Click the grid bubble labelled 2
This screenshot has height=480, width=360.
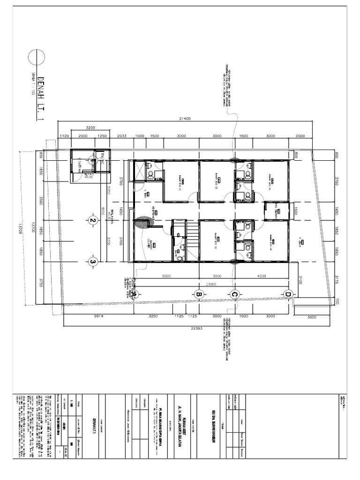tap(93, 221)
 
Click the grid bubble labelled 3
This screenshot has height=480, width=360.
tap(93, 262)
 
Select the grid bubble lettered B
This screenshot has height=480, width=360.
tap(198, 294)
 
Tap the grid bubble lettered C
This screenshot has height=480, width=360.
tap(235, 294)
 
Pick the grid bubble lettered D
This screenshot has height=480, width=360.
tap(287, 294)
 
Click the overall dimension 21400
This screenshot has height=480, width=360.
tap(184, 119)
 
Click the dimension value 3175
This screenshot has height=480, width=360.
tap(336, 279)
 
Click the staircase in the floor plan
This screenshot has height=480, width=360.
tap(193, 233)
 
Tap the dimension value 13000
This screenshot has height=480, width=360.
tap(210, 285)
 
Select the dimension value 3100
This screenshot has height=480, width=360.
tap(299, 279)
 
